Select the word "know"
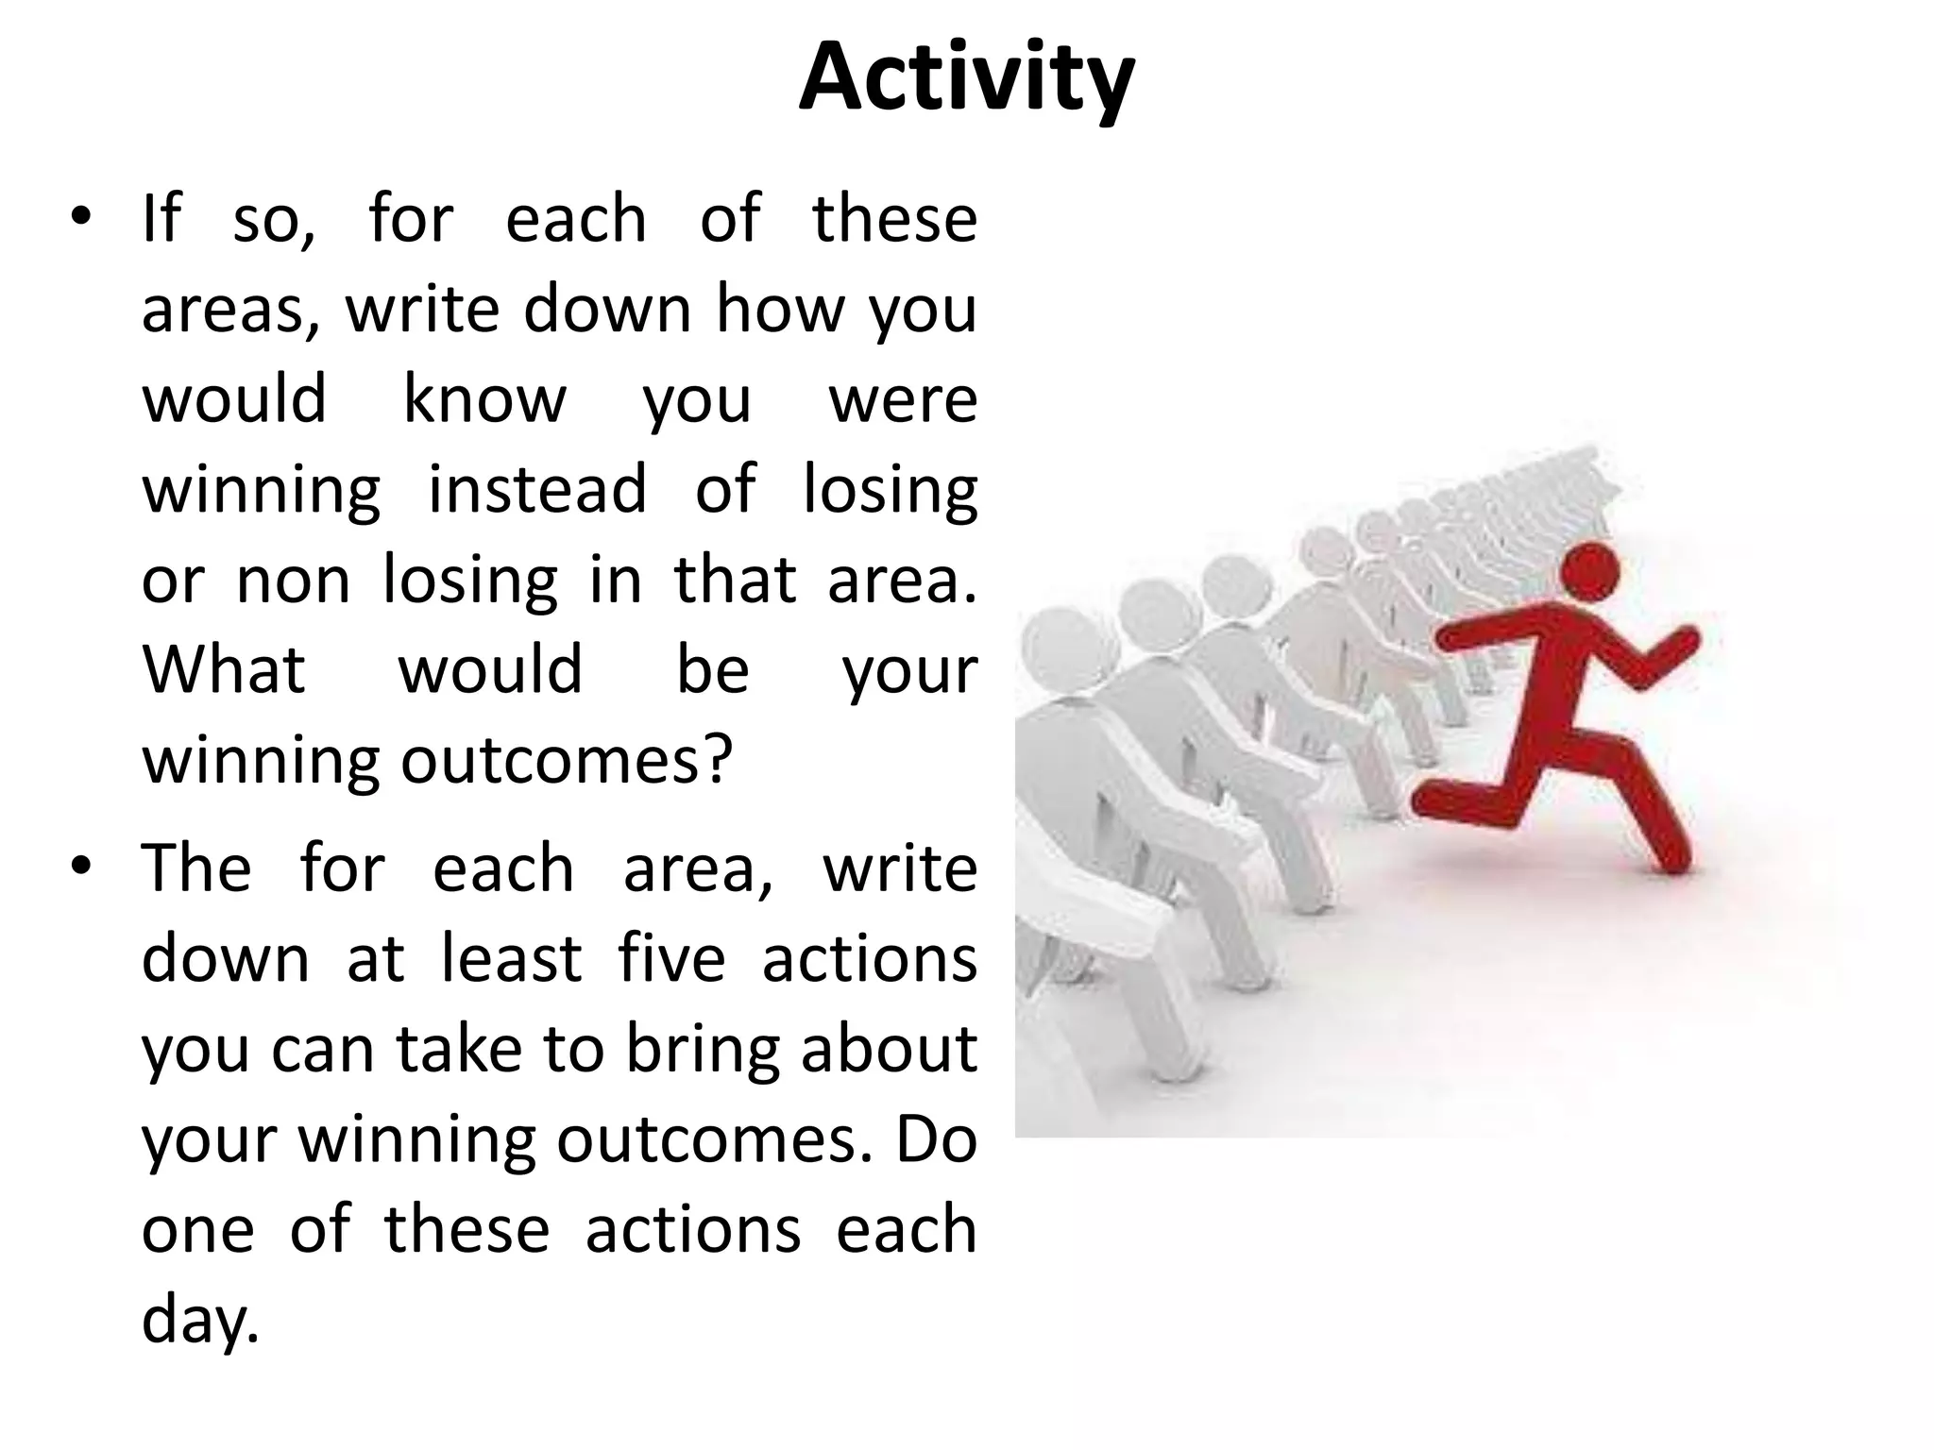484,400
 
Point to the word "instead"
537,490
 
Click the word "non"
293,581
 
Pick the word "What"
224,670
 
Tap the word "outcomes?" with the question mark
567,761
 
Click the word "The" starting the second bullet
196,868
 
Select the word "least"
511,959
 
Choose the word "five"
671,959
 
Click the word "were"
903,400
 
